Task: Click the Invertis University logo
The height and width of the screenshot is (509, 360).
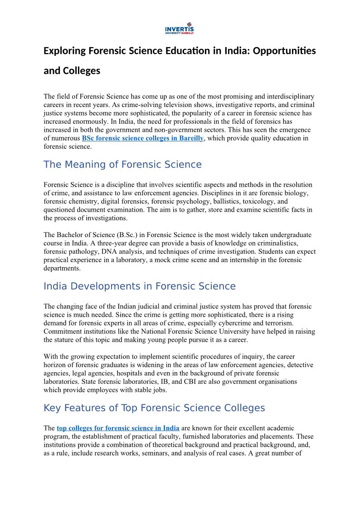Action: point(180,29)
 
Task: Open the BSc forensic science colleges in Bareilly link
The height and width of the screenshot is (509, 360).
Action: point(143,138)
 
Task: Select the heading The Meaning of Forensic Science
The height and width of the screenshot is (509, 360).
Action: point(122,165)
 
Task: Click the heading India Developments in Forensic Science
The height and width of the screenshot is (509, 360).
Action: point(140,286)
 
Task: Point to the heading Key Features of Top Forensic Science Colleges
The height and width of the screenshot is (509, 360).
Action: point(154,408)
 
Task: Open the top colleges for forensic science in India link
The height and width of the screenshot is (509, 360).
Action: point(118,428)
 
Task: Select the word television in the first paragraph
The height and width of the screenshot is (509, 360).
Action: point(155,105)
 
